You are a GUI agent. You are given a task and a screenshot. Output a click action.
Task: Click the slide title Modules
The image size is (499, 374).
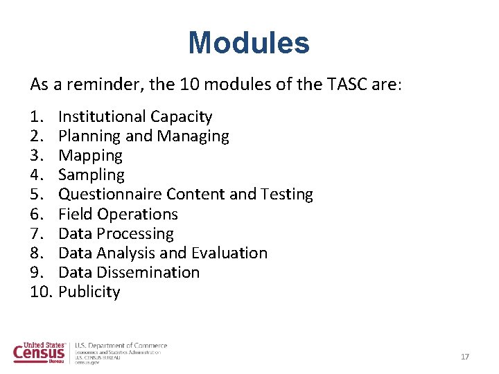(249, 43)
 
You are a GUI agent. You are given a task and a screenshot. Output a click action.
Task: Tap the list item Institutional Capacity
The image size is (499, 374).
(135, 116)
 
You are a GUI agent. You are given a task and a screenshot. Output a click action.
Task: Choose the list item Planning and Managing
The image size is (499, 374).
(143, 136)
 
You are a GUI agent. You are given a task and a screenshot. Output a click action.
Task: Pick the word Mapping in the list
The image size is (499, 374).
(90, 156)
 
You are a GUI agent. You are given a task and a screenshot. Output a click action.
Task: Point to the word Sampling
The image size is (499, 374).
(91, 175)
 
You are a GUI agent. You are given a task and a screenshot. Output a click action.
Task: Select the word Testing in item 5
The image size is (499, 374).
(287, 195)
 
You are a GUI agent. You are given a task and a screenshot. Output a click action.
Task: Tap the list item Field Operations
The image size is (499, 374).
(118, 214)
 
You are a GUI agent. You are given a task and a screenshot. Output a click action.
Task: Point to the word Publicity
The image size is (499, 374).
(89, 292)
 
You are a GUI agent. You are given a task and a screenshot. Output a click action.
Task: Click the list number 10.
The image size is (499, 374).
(41, 292)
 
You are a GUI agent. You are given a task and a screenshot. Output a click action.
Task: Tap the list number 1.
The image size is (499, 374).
(37, 116)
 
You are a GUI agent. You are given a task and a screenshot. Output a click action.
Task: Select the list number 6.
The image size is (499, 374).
(37, 214)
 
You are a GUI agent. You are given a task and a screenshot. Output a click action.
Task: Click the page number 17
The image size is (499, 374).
(465, 357)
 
